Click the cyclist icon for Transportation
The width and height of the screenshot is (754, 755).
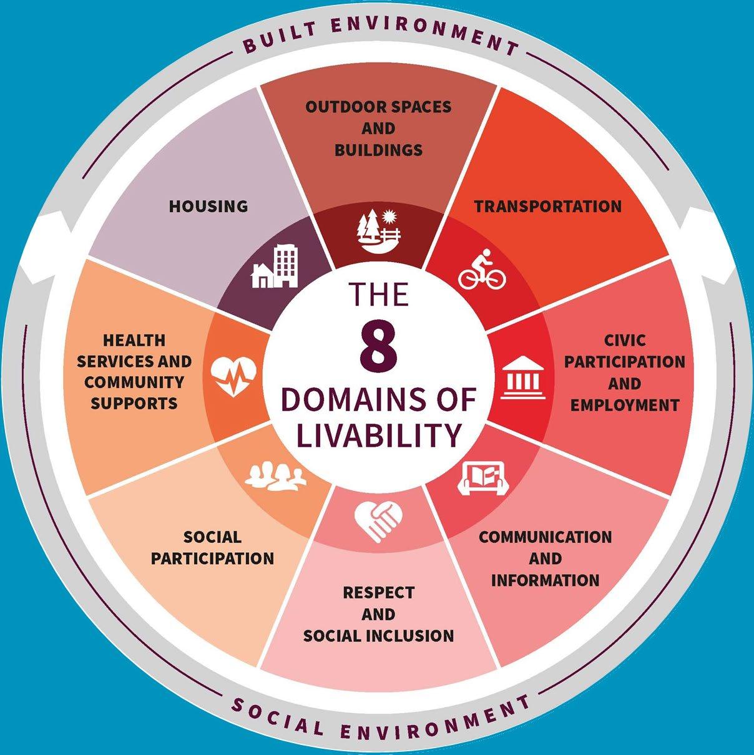(x=482, y=269)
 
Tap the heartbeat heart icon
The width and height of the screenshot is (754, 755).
(x=233, y=376)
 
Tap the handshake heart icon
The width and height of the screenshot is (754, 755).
(x=378, y=521)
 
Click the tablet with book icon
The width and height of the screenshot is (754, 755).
(x=483, y=478)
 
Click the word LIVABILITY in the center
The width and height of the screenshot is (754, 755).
(x=378, y=435)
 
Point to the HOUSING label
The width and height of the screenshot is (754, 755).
(x=208, y=206)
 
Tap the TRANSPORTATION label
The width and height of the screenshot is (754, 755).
(x=548, y=206)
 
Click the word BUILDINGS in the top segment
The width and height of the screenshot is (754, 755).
(x=378, y=150)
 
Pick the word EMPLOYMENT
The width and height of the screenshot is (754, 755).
(x=625, y=405)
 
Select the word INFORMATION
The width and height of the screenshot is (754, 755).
(x=545, y=580)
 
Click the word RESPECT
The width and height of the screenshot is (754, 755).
(x=378, y=592)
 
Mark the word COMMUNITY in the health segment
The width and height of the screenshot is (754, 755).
(x=134, y=382)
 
